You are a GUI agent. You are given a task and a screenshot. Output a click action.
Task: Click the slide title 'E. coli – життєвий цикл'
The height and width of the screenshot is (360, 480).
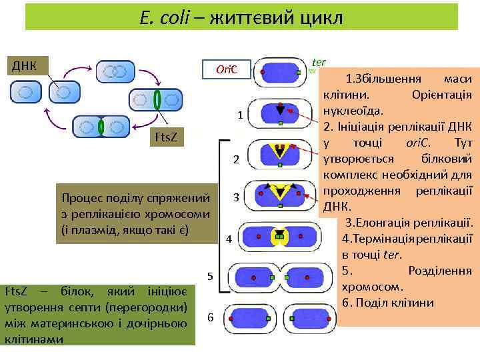[x=242, y=18]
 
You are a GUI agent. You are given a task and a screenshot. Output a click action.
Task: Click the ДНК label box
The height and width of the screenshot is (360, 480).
[x=26, y=65]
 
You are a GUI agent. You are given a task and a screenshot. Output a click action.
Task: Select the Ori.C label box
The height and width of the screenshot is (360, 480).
[x=228, y=70]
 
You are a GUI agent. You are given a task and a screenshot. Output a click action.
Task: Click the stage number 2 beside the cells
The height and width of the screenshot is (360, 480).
[x=236, y=159]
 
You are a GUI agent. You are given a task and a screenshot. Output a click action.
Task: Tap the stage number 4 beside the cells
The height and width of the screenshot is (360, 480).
[x=229, y=239]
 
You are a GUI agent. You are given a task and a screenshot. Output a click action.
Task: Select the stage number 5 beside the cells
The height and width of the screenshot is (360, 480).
[x=209, y=276]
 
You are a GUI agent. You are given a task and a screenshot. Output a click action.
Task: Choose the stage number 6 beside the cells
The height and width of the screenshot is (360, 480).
[x=210, y=317]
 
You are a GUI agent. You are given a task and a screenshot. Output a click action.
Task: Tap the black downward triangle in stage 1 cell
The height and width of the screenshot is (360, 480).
[x=280, y=109]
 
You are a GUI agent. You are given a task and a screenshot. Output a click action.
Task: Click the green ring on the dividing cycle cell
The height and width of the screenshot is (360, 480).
[x=157, y=99]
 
